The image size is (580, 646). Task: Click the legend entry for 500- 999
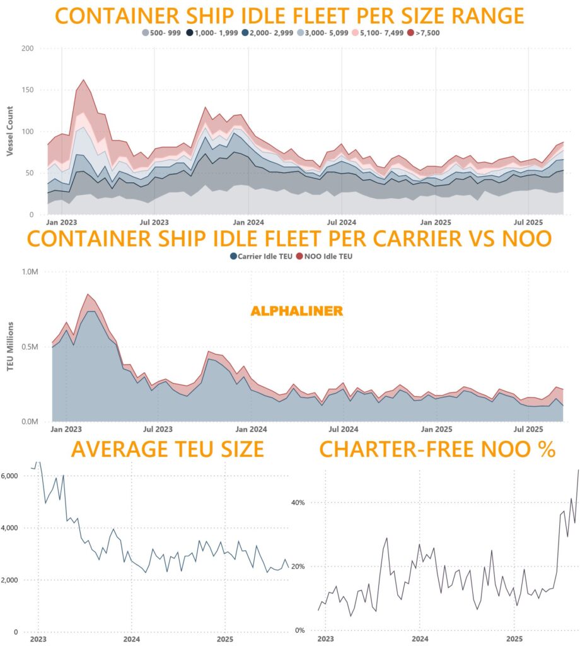tap(161, 32)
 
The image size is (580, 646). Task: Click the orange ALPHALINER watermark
tap(297, 311)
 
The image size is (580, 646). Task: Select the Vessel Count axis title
tap(10, 135)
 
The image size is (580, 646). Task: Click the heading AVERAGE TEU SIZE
tap(167, 449)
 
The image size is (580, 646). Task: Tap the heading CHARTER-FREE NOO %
tap(437, 449)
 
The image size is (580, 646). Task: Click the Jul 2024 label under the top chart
tap(340, 223)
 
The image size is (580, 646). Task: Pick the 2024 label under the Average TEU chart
tap(131, 638)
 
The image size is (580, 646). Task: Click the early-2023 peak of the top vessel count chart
tap(83, 80)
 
